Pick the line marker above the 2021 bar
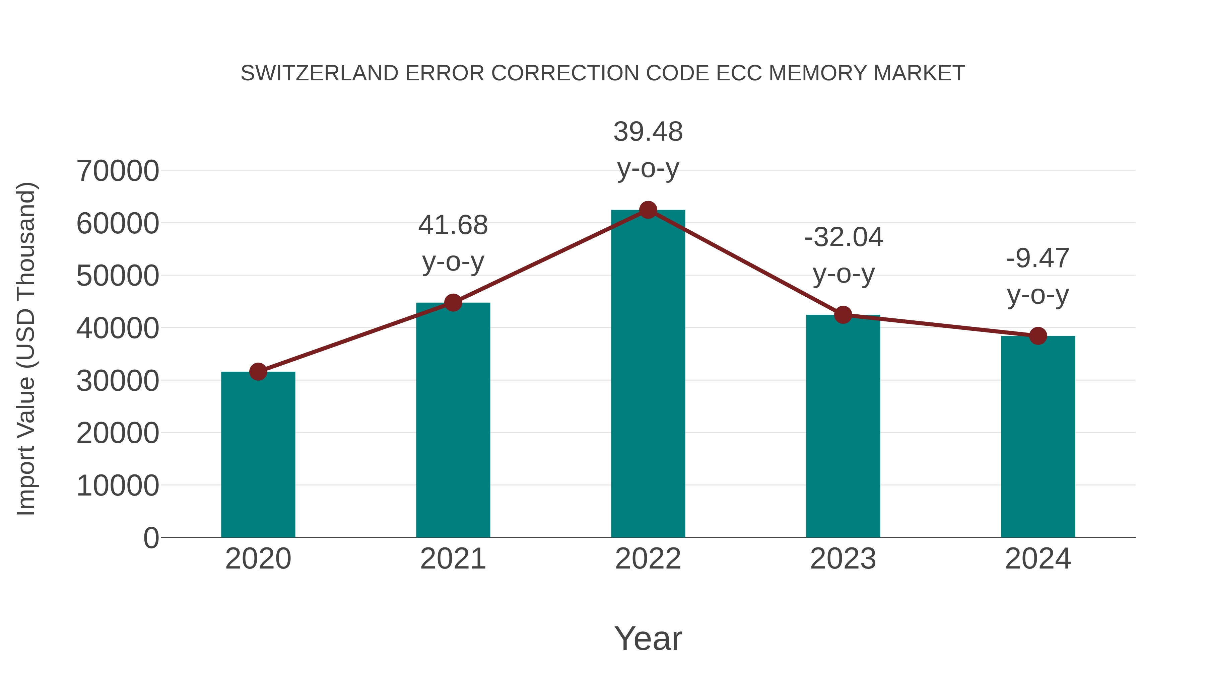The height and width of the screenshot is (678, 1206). click(453, 303)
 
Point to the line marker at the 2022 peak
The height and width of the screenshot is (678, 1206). click(648, 210)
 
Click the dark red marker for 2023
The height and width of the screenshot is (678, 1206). click(843, 315)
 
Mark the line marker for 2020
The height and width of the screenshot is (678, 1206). click(258, 372)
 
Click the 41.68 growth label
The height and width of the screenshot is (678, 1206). click(453, 226)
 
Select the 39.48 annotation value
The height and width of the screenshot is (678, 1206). click(648, 132)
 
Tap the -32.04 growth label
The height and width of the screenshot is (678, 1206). click(843, 237)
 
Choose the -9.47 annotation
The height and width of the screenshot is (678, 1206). click(1038, 259)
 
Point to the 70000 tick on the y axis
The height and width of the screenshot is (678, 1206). click(118, 171)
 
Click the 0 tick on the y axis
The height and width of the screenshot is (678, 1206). click(151, 538)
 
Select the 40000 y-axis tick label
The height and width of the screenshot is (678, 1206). click(118, 328)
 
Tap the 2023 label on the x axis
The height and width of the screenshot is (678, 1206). click(843, 559)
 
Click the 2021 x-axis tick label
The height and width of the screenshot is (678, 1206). click(453, 559)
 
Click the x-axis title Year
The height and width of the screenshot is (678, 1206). click(648, 639)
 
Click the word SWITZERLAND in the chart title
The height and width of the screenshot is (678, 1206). click(319, 73)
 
